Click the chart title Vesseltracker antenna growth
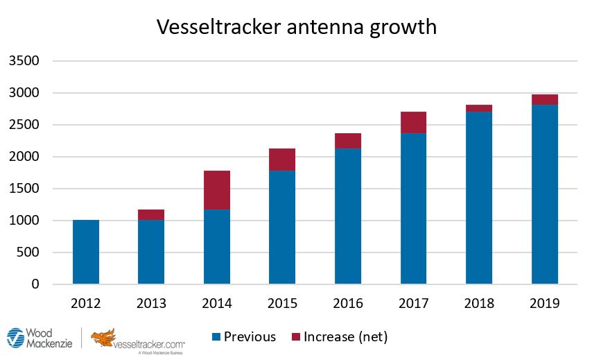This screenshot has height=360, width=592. pos(296,26)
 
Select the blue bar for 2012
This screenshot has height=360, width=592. pos(86,252)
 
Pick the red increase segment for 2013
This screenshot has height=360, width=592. pos(151,214)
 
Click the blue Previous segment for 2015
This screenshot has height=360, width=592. pos(282,227)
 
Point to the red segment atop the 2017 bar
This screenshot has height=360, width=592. pos(413,122)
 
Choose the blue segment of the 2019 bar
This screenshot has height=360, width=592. pos(544,194)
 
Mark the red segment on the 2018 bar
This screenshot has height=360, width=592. pos(479,108)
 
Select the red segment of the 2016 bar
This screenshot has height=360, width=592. pos(348,141)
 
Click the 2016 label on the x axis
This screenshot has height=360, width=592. pos(348,304)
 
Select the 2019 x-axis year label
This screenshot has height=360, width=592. pos(544,304)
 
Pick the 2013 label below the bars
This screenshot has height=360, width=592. pos(151,304)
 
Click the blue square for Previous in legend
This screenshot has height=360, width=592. pos(216,337)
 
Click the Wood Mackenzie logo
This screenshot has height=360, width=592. pos(38,338)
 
